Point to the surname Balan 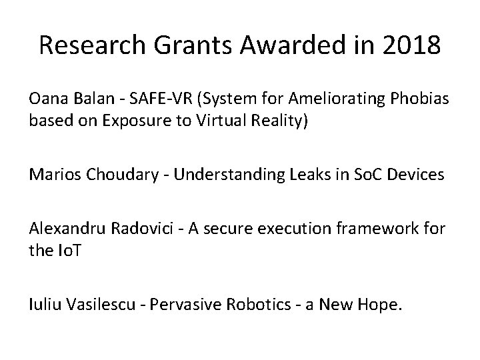coord(85,99)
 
